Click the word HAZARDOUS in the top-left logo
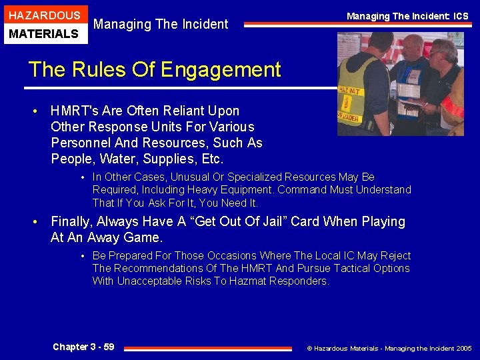(45, 15)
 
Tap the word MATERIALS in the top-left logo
(45, 33)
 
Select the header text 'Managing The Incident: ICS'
(407, 16)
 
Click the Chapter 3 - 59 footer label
(83, 347)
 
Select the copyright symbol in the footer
(309, 348)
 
